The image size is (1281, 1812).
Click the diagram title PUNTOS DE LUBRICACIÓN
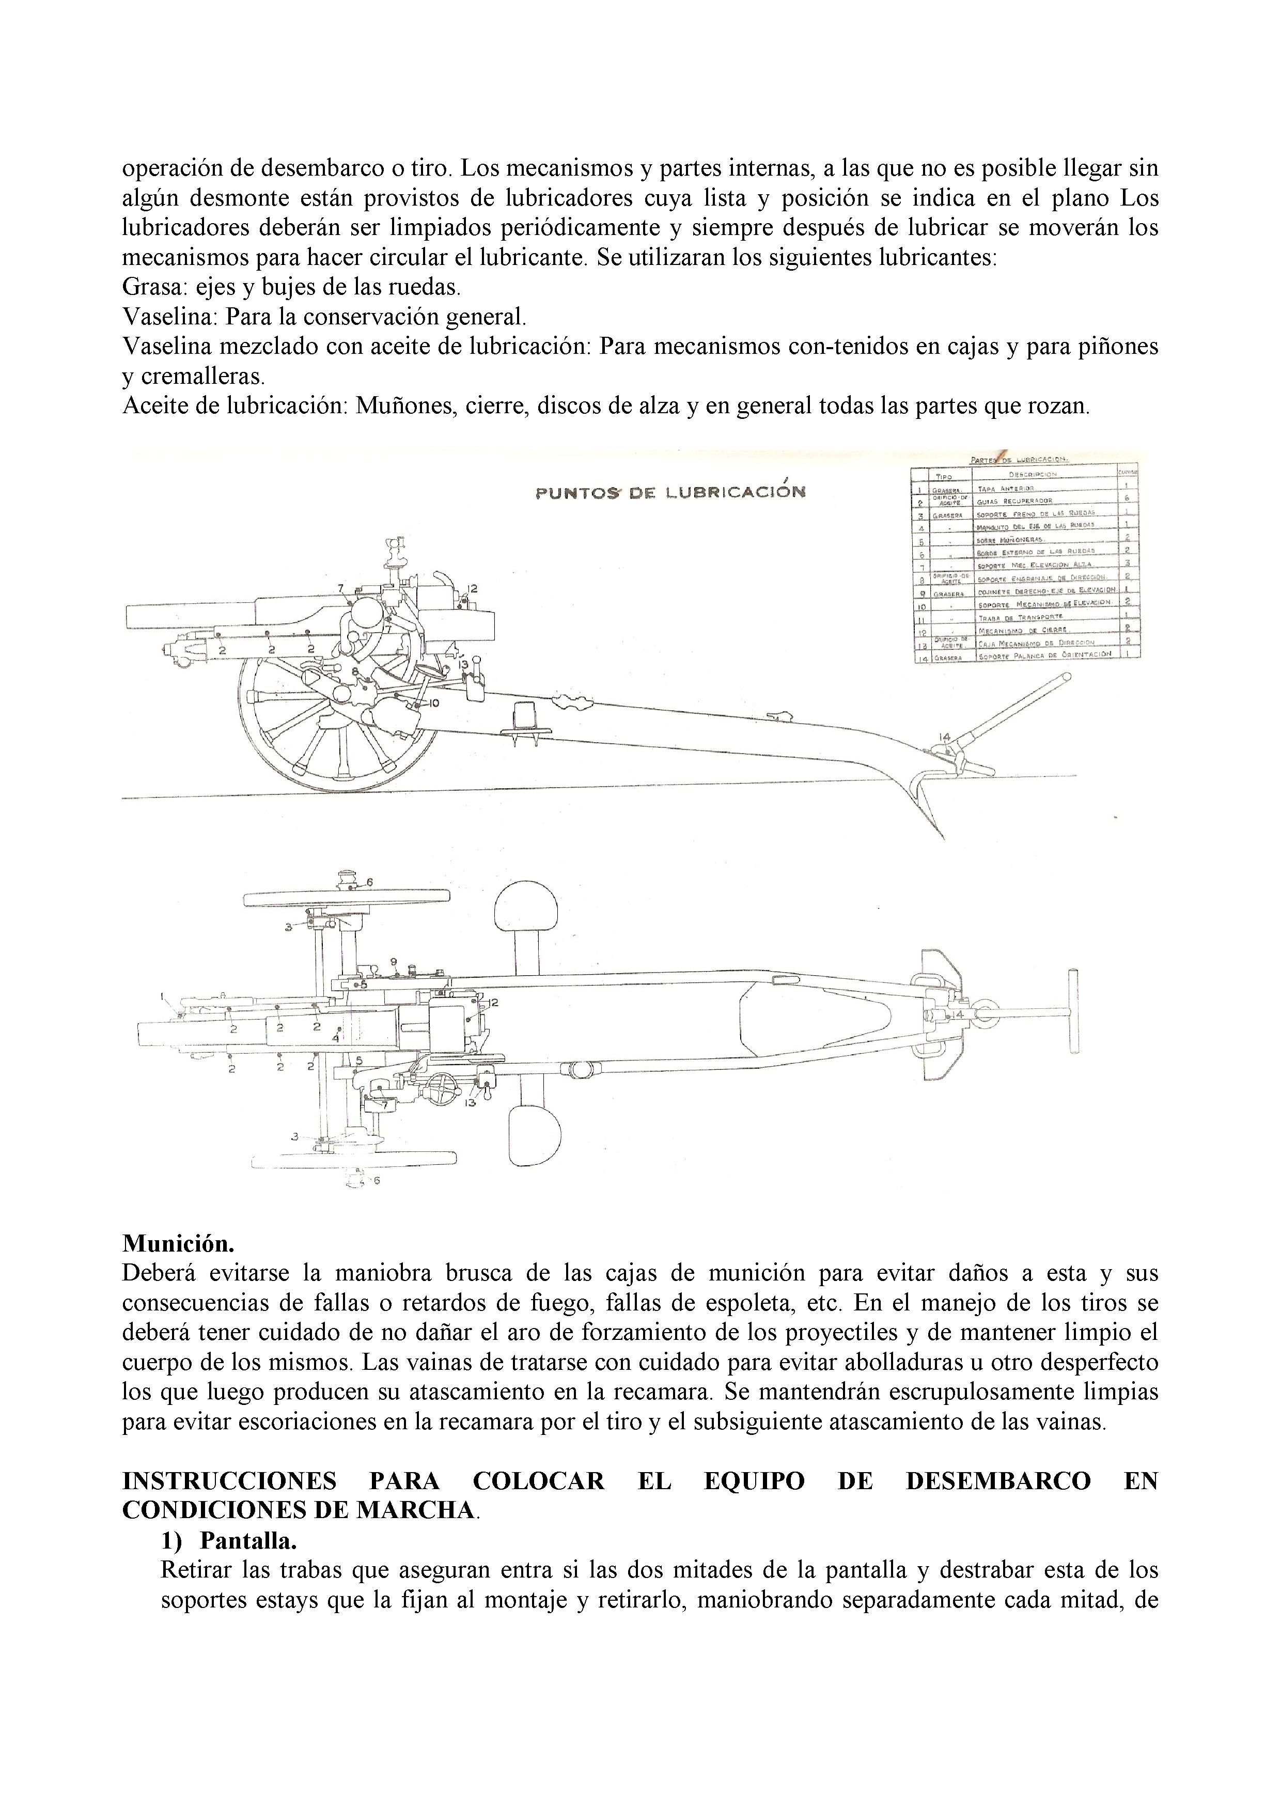[x=670, y=492]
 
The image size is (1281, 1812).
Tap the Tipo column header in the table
[x=943, y=476]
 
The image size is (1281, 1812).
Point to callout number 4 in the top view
[x=335, y=1039]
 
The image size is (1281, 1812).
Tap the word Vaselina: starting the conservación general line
[x=170, y=317]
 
